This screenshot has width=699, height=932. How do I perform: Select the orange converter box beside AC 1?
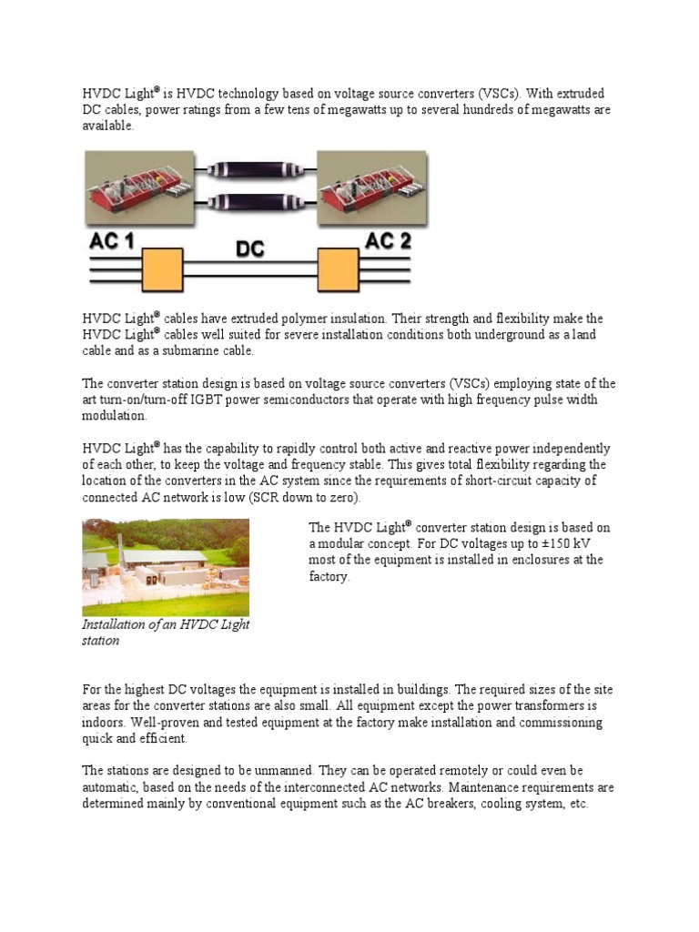tap(161, 270)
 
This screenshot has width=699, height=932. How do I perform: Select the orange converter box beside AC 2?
tap(336, 270)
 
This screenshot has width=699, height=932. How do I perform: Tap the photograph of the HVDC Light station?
tap(165, 567)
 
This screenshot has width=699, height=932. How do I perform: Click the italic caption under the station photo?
tap(165, 633)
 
